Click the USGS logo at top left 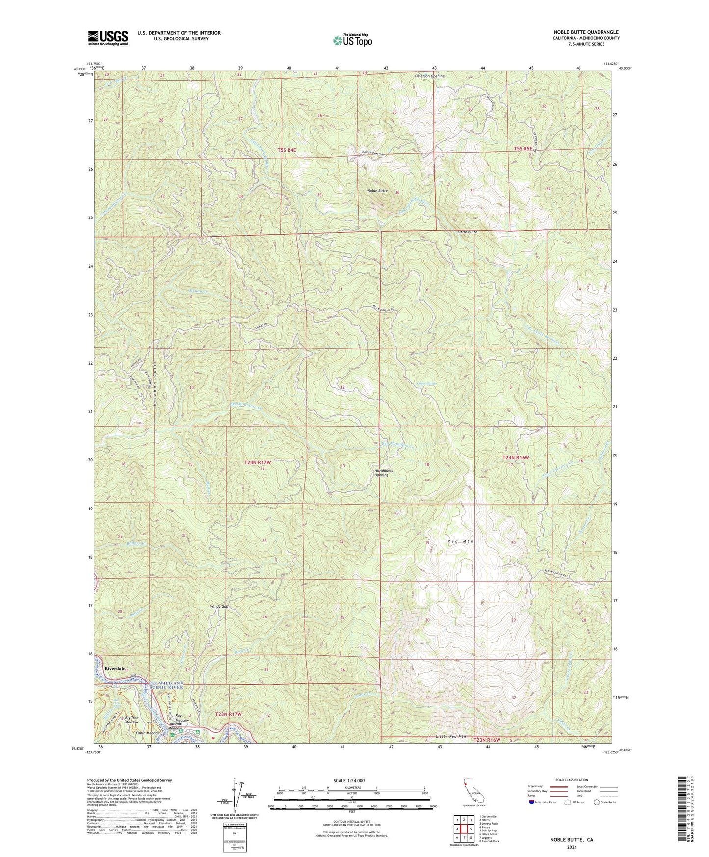[108, 38]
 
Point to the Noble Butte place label [377, 190]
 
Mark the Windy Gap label [219, 606]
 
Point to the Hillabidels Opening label [382, 472]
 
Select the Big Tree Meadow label [131, 720]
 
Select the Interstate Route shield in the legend [532, 802]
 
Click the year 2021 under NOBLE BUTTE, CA [571, 847]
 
